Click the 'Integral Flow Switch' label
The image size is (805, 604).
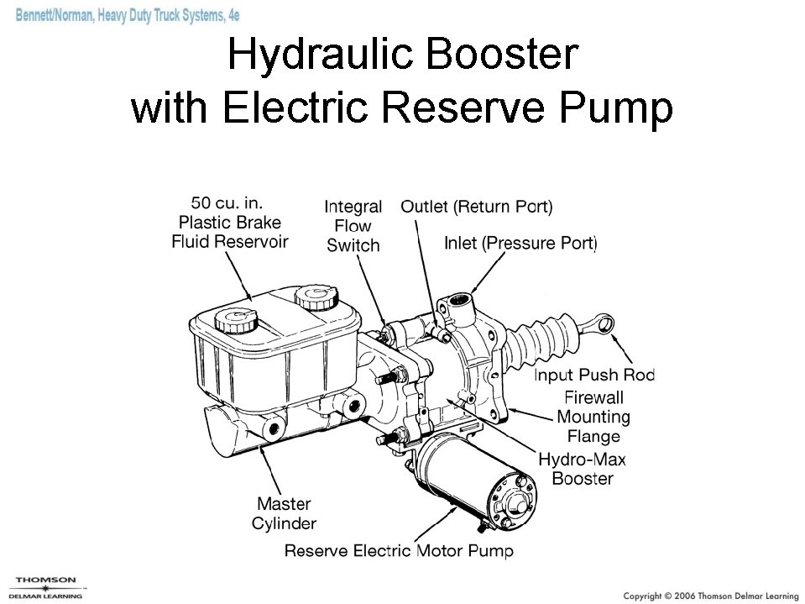[353, 226]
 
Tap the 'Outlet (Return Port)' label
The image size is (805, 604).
[476, 206]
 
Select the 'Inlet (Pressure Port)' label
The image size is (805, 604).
[520, 244]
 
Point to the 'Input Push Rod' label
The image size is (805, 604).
[594, 375]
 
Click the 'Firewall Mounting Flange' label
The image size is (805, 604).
[593, 417]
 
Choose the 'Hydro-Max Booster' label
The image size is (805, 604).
[582, 469]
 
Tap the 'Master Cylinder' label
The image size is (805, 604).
[284, 513]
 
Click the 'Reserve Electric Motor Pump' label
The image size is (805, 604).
[399, 551]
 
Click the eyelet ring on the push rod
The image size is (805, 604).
[606, 323]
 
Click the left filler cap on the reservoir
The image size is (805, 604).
[233, 319]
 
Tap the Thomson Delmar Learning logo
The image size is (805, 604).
[46, 587]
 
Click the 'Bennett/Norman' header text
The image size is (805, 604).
[55, 17]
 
